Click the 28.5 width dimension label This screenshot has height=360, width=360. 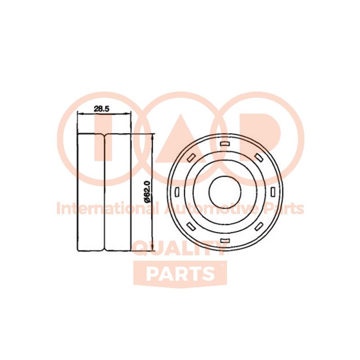pos(101,108)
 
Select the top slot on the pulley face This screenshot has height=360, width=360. pos(225,144)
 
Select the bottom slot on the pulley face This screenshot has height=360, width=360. pos(225,241)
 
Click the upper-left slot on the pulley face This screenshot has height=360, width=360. pos(191,157)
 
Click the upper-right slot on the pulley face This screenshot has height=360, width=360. pos(259,157)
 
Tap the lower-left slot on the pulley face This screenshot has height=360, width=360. pos(191,226)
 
